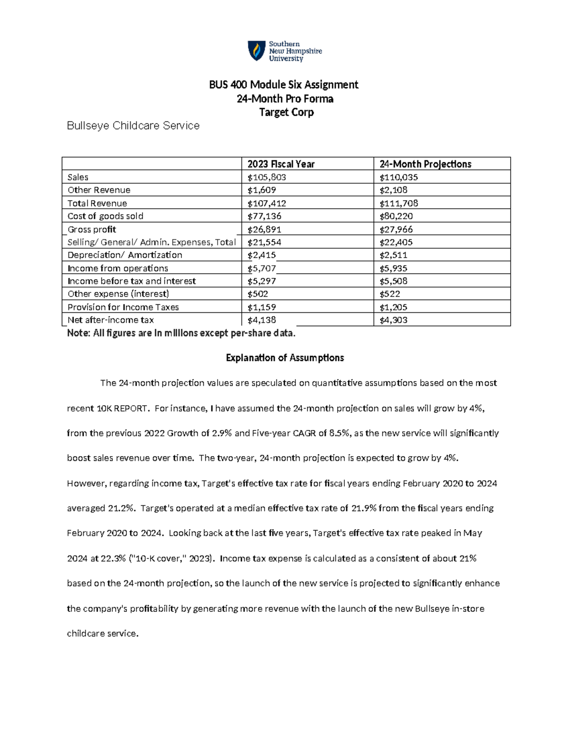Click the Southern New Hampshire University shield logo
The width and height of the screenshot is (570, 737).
click(x=256, y=51)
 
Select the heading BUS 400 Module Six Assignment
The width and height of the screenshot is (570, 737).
click(x=284, y=84)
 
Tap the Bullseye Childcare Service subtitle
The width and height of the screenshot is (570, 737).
click(x=133, y=126)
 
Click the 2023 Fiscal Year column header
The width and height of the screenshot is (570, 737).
click(x=281, y=164)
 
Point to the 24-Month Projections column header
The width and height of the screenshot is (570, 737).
click(x=425, y=164)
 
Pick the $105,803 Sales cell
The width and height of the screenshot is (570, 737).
click(x=266, y=177)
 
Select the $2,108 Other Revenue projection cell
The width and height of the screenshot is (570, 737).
click(x=393, y=190)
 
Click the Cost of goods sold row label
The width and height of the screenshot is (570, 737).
click(x=105, y=216)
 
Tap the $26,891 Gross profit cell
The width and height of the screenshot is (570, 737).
click(x=265, y=230)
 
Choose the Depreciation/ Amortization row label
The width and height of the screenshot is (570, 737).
click(x=124, y=255)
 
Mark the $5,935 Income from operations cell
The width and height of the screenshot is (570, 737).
click(x=393, y=269)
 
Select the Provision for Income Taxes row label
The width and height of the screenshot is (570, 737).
click(x=123, y=308)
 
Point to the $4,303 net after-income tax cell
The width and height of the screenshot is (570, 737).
click(x=393, y=320)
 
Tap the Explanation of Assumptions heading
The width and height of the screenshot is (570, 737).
click(x=285, y=358)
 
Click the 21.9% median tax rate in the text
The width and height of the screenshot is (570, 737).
click(x=364, y=508)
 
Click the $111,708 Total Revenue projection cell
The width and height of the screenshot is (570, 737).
click(x=399, y=204)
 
